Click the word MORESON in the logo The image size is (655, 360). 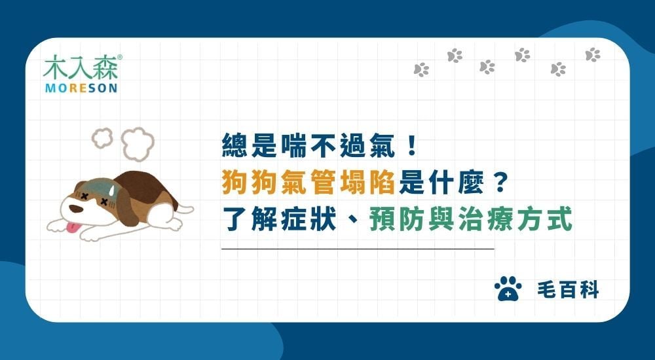[81, 88]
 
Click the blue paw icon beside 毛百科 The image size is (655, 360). [508, 289]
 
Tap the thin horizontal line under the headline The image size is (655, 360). [358, 249]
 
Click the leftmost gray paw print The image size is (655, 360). [421, 69]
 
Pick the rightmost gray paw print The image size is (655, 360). [592, 55]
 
